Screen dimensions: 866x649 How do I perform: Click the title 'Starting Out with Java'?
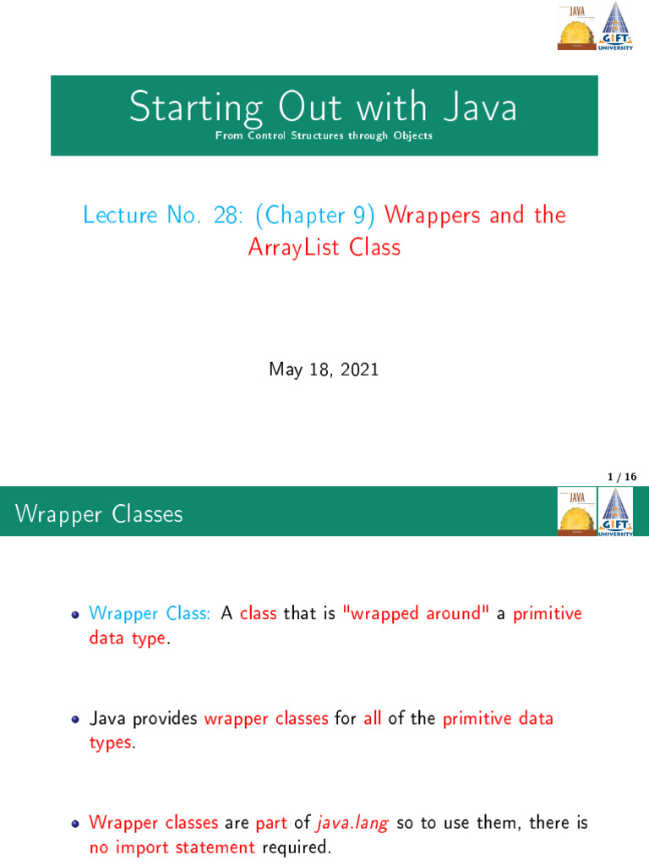point(324,108)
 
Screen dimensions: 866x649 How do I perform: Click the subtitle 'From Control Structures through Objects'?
point(324,135)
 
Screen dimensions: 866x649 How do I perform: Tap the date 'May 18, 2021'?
point(324,369)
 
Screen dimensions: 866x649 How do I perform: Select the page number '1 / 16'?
point(621,478)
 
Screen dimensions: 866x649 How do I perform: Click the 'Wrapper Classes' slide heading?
point(99,513)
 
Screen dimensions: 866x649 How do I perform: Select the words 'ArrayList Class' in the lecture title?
point(324,248)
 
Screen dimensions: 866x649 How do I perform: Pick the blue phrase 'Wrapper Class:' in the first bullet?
point(150,613)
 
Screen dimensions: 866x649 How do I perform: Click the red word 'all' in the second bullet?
point(373,718)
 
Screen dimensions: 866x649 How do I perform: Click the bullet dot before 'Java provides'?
point(75,720)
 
